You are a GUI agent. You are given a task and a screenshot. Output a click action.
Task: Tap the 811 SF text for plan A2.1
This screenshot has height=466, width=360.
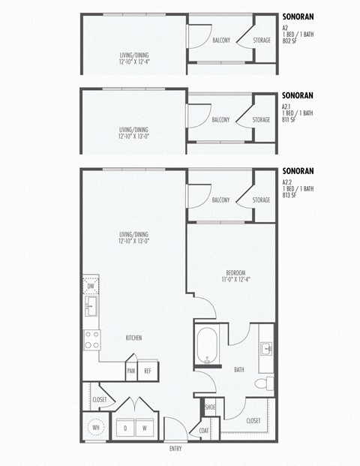click(289, 119)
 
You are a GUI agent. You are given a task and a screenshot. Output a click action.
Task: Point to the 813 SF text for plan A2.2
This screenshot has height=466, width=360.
click(289, 194)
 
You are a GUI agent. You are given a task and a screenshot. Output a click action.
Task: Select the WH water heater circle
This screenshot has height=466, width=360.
click(95, 428)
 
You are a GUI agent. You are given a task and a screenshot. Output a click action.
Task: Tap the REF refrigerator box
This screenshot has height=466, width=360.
click(148, 371)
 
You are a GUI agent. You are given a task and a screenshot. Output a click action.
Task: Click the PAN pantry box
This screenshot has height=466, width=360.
click(131, 371)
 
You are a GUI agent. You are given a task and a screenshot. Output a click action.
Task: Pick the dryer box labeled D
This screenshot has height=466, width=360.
click(125, 428)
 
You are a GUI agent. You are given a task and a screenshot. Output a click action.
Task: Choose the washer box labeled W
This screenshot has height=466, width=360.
click(145, 428)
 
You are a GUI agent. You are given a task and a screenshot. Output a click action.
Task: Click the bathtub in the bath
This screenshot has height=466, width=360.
click(206, 347)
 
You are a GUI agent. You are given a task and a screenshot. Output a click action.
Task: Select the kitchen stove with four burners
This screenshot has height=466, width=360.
click(91, 340)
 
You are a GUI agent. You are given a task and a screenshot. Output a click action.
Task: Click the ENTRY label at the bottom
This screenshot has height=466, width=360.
click(175, 449)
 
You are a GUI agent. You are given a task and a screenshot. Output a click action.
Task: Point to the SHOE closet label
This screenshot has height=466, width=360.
click(210, 407)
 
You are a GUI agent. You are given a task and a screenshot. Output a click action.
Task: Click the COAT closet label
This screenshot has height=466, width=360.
click(204, 430)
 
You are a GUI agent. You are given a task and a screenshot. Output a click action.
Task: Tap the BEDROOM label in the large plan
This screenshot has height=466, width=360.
click(235, 272)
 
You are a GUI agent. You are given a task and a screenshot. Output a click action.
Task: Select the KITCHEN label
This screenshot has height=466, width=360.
click(134, 338)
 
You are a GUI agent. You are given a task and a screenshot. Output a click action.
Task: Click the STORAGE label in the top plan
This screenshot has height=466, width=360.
click(261, 39)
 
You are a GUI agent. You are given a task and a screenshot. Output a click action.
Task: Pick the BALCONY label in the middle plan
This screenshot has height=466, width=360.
click(220, 119)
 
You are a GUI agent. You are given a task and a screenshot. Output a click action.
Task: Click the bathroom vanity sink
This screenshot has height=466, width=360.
click(266, 348)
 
